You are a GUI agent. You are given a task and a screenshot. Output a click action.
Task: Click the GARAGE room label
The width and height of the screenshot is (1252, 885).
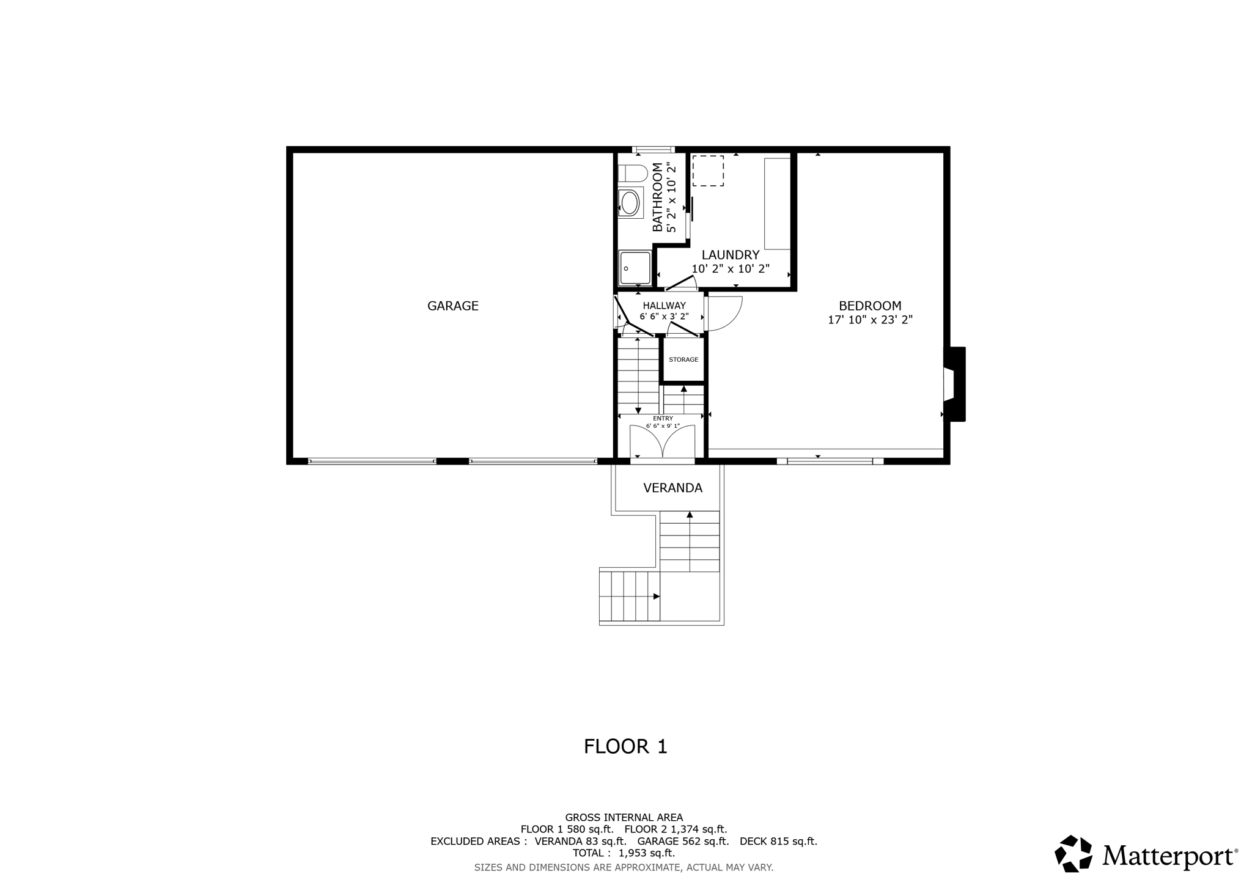452,306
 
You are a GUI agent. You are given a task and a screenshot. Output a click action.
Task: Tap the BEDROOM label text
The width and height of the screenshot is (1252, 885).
869,306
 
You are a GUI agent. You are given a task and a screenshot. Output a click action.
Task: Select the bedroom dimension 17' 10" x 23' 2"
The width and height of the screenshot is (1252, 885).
869,320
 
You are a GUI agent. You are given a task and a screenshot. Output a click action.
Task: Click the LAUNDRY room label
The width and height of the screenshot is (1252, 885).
730,255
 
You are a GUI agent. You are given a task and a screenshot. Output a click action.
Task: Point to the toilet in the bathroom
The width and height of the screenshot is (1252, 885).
632,173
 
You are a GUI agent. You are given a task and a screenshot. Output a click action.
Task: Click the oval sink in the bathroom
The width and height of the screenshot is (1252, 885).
630,203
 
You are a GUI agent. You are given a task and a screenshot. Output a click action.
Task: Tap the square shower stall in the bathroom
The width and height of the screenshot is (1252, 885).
635,268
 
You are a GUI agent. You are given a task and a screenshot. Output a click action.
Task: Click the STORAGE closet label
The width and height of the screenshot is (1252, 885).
683,359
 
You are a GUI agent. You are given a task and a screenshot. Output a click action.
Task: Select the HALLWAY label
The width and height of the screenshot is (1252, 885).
664,306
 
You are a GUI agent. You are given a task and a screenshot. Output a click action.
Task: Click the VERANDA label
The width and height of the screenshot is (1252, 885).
672,488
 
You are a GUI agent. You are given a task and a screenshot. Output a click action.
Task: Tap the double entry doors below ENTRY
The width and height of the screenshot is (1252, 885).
662,441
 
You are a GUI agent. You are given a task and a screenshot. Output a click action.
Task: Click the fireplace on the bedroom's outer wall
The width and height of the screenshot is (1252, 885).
954,384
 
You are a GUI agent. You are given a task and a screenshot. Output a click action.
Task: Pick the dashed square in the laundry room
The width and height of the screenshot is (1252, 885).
708,171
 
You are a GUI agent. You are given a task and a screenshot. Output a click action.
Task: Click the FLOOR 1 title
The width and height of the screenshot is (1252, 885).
625,746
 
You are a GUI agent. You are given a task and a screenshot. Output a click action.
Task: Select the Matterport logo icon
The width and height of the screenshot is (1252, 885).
1073,854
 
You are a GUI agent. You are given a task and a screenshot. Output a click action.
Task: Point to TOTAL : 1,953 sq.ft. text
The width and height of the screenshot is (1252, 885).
623,853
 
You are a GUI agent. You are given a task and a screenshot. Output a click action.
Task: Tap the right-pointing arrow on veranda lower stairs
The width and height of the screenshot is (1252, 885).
656,596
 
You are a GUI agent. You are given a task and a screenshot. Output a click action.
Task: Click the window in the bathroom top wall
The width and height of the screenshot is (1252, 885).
653,149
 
